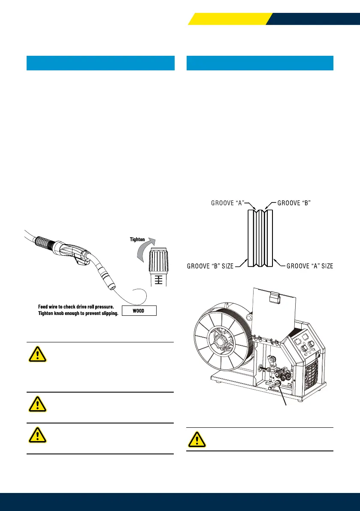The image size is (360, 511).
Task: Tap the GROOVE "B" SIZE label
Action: click(210, 266)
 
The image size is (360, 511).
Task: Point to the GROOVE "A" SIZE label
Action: click(309, 266)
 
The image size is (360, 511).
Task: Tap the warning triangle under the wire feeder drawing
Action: click(197, 439)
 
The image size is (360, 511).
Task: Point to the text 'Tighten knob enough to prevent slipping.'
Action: click(79, 314)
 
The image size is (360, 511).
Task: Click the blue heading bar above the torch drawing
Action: click(100, 63)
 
